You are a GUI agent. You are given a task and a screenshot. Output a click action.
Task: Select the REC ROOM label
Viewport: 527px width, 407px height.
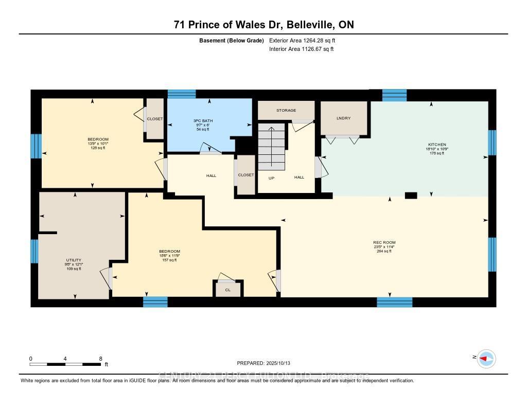tap(384, 242)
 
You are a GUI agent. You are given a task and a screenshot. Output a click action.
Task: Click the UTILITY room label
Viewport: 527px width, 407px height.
tap(74, 260)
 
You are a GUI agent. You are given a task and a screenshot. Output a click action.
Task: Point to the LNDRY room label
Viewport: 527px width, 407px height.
tap(343, 118)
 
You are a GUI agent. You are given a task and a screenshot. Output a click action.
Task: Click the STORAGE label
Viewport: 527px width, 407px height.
tap(286, 110)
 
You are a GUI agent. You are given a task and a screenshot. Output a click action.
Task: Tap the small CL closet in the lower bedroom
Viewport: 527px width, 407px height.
tap(227, 290)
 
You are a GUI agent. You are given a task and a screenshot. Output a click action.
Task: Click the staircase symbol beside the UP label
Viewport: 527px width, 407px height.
tap(271, 146)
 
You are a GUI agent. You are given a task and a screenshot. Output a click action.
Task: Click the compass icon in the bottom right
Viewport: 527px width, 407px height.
tap(486, 358)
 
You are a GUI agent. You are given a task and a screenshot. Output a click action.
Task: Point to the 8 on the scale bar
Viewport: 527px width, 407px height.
tap(101, 359)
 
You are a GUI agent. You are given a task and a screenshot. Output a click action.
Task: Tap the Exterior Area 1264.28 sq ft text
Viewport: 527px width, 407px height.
tap(304, 40)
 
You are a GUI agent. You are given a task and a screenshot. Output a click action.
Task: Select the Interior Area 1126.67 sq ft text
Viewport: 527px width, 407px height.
tap(302, 49)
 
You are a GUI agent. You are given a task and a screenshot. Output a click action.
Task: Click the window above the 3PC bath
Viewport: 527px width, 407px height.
tap(182, 94)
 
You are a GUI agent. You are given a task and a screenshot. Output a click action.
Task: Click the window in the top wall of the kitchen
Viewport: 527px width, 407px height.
tap(394, 95)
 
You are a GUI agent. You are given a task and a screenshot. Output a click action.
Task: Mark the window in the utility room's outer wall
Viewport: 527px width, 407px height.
tap(34, 251)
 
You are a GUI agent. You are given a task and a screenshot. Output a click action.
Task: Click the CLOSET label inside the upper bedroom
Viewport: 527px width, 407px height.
tap(154, 119)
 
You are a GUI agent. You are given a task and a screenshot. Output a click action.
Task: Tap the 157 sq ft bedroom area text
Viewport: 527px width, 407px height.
tap(169, 260)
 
